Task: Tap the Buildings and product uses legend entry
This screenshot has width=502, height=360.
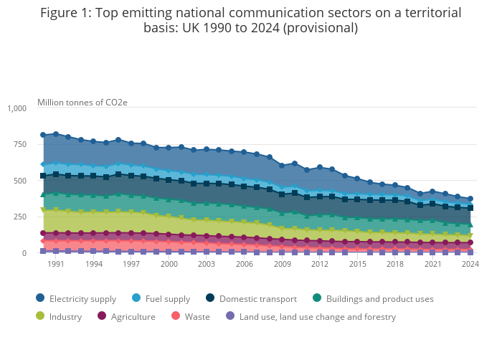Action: pyautogui.click(x=379, y=298)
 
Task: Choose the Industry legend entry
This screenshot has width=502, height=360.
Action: pyautogui.click(x=65, y=316)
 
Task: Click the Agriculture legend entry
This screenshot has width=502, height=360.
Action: pyautogui.click(x=133, y=316)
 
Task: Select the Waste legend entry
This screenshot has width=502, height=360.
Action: pyautogui.click(x=196, y=316)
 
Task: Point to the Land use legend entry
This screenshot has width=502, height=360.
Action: pyautogui.click(x=317, y=316)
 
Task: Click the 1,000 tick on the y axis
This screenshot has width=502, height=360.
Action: pyautogui.click(x=16, y=108)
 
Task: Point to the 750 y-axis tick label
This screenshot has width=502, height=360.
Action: pyautogui.click(x=20, y=144)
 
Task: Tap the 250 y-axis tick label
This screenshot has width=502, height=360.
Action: pyautogui.click(x=20, y=217)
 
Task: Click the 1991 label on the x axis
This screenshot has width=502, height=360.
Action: pyautogui.click(x=56, y=264)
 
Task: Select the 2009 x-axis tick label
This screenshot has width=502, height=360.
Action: pyautogui.click(x=281, y=264)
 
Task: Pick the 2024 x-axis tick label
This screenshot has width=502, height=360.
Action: pyautogui.click(x=470, y=264)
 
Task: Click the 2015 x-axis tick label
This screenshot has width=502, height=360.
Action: pyautogui.click(x=356, y=264)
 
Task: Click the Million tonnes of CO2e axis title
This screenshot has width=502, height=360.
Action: pyautogui.click(x=82, y=103)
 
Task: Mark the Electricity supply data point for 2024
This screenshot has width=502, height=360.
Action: pyautogui.click(x=470, y=199)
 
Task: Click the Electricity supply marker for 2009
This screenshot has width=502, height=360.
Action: pyautogui.click(x=282, y=166)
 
